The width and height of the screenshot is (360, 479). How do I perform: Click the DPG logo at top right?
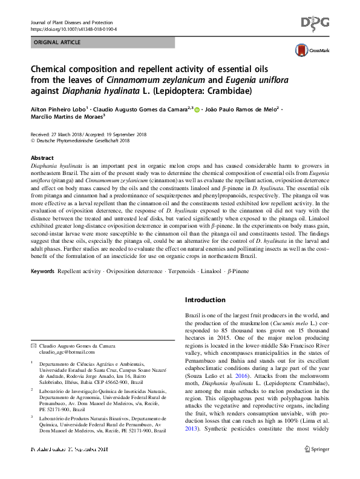coord(316,23)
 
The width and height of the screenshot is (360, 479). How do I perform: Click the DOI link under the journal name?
coord(73,29)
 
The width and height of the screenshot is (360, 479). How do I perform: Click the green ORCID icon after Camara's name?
coord(197,110)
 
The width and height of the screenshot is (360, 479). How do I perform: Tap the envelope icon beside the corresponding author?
coord(33,345)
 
